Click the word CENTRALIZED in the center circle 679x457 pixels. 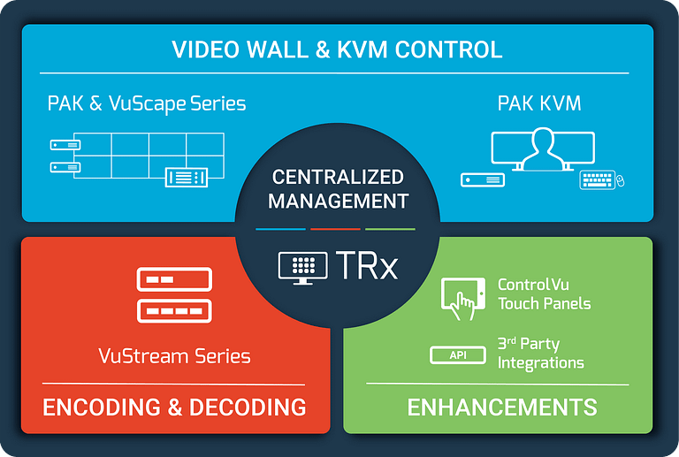(338, 177)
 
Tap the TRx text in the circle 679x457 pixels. (366, 265)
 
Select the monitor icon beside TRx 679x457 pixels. (302, 268)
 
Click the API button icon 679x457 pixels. (458, 355)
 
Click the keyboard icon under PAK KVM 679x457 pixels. (597, 179)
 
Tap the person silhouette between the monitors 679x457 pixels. (543, 149)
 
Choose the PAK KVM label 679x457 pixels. (539, 103)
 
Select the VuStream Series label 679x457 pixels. (174, 356)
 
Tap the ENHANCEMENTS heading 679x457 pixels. (502, 407)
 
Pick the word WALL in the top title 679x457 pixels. (278, 50)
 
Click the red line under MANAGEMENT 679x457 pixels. (335, 229)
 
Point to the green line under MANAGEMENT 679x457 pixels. (390, 229)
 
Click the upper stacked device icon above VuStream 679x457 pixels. (174, 279)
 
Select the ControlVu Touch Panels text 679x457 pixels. (545, 293)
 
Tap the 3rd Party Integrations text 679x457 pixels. (541, 354)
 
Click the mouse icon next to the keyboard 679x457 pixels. (620, 180)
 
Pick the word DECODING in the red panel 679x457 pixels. (248, 407)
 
